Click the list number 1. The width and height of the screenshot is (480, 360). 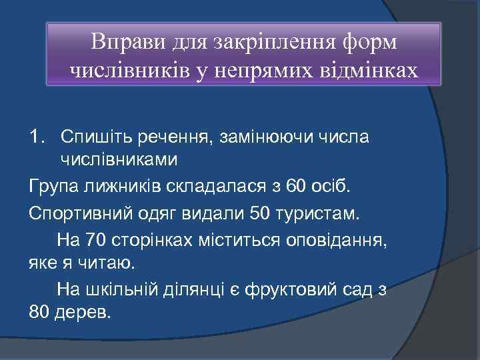(37, 137)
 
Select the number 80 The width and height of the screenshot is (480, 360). (41, 311)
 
